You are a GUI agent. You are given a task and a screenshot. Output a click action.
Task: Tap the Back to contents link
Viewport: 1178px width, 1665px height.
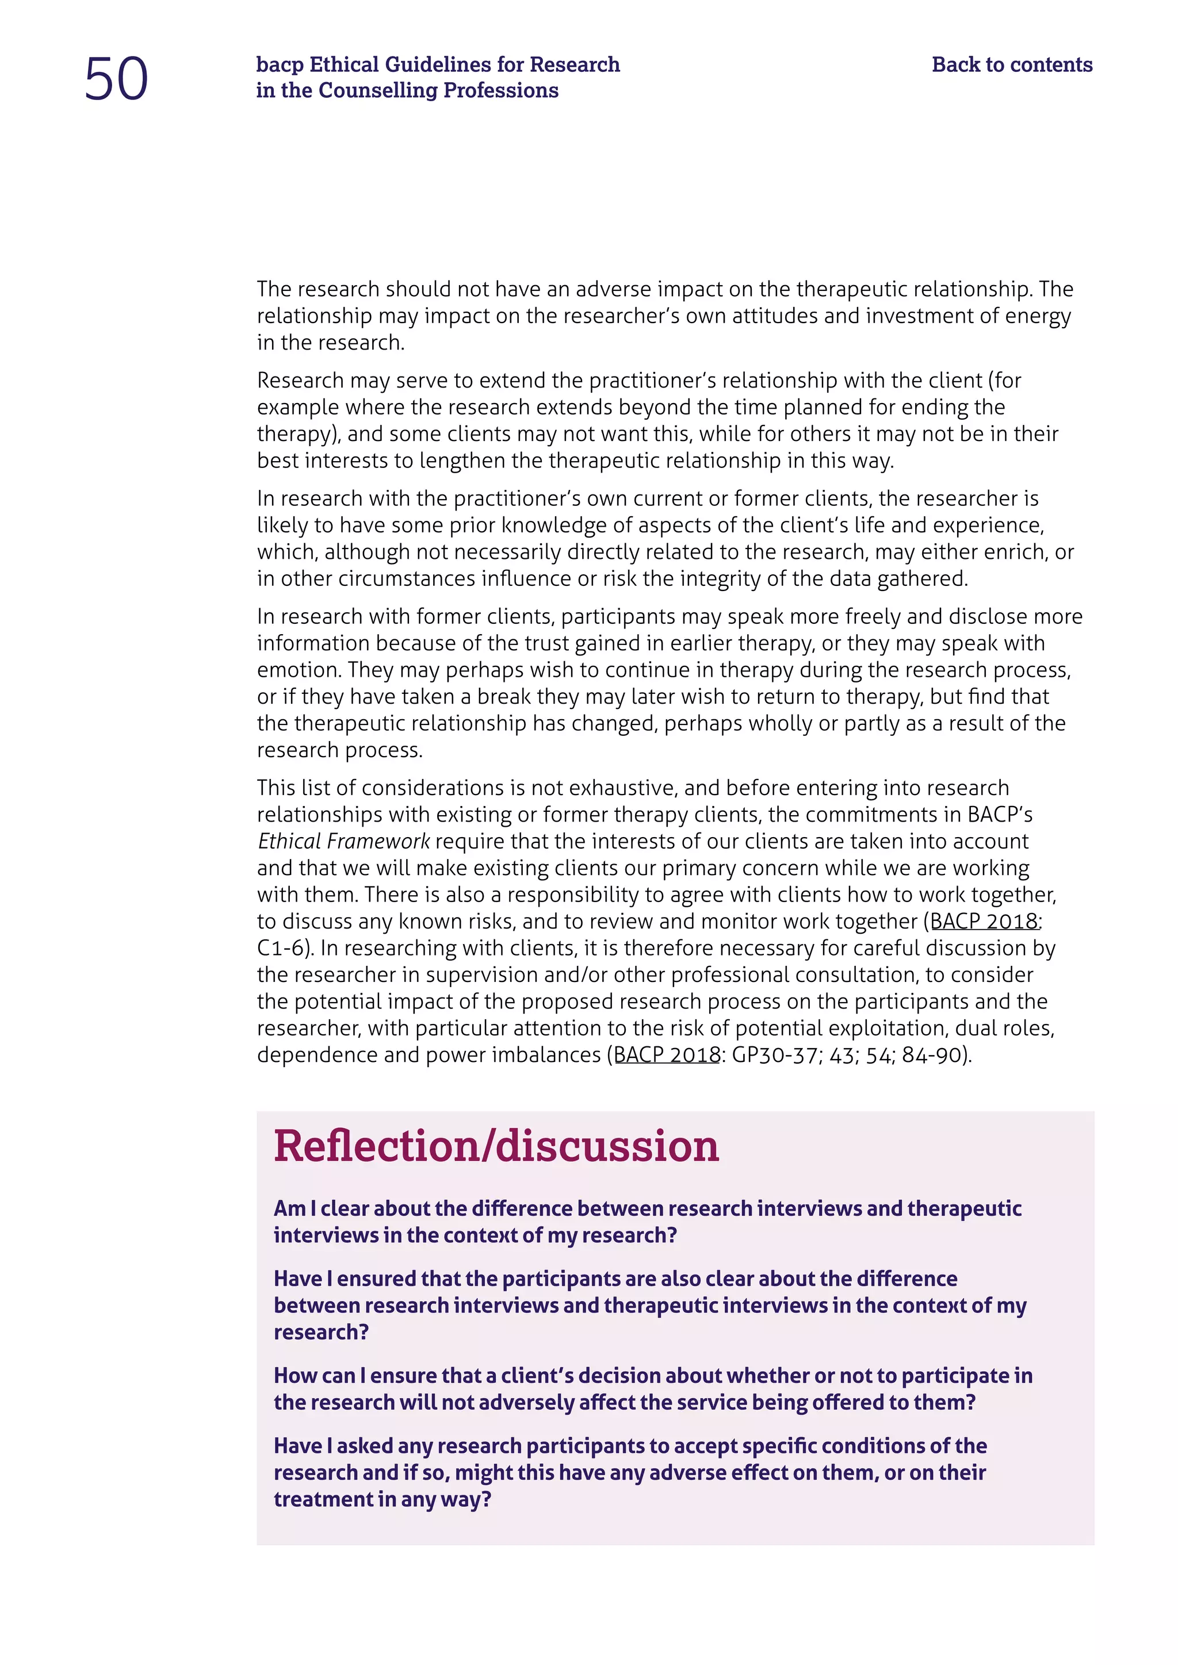(1011, 64)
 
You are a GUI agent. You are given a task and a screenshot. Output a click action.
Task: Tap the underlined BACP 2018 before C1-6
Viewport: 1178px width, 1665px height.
(984, 921)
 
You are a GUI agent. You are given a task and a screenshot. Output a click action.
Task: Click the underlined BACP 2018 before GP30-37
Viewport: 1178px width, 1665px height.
(667, 1054)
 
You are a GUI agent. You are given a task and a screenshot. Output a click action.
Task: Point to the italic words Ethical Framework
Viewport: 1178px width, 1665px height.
(344, 841)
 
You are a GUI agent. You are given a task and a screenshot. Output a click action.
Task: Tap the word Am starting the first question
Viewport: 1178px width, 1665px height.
(289, 1209)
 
